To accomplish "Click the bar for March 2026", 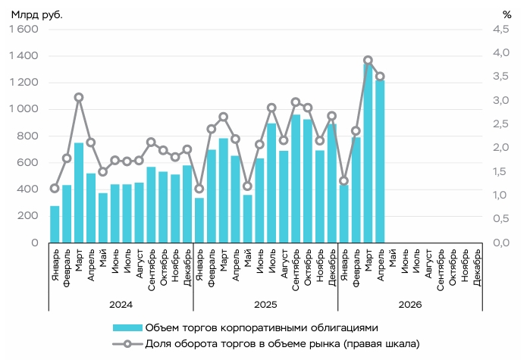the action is tap(368, 153).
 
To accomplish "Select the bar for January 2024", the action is tap(55, 224).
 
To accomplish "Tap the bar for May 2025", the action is tap(247, 219).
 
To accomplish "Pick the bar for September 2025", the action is tap(296, 179).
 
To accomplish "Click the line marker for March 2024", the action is tap(79, 98).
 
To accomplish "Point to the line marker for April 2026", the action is tap(381, 77).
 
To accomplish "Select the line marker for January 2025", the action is tap(199, 189).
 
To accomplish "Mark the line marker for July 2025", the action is tap(271, 108).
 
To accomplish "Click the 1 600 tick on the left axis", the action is tap(24, 29).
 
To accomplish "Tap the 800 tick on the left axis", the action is tap(28, 136).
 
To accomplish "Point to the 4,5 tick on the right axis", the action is tap(501, 29).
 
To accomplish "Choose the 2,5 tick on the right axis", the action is tap(501, 124).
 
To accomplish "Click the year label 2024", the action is tap(121, 305).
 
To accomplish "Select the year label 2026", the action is tap(410, 305).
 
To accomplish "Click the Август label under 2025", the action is tap(284, 264).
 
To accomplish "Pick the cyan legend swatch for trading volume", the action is tap(127, 327).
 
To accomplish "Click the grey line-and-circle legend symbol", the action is tap(127, 344).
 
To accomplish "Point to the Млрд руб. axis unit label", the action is tap(37, 15).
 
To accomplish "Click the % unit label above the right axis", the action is tap(506, 15).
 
